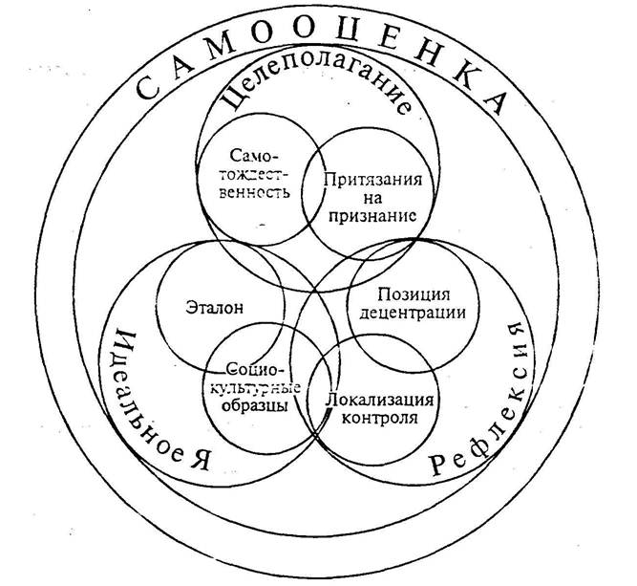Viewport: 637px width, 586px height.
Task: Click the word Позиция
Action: (x=413, y=292)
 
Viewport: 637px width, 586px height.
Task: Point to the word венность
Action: (x=253, y=190)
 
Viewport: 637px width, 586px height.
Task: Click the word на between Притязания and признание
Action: (x=368, y=198)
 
